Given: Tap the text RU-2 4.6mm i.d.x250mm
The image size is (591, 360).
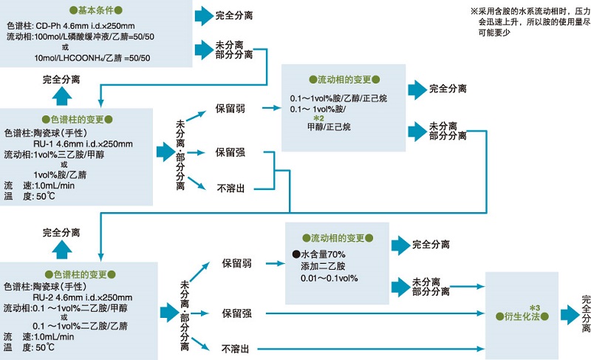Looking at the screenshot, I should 78,298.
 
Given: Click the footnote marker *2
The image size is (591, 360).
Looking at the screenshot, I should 318,118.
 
